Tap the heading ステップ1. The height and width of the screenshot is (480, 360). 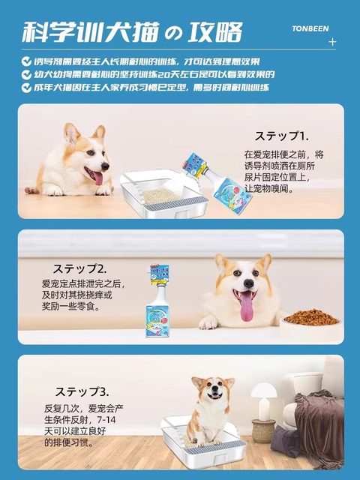pyautogui.click(x=281, y=136)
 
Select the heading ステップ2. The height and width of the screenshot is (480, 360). pyautogui.click(x=79, y=268)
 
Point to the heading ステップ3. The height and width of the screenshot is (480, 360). pyautogui.click(x=82, y=391)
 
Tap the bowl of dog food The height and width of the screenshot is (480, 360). pyautogui.click(x=310, y=317)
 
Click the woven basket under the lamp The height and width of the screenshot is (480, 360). pyautogui.click(x=263, y=430)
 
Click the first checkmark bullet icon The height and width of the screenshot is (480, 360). pyautogui.click(x=26, y=61)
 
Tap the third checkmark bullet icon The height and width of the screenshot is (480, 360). pyautogui.click(x=26, y=88)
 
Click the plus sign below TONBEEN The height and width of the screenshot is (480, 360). pyautogui.click(x=333, y=42)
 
